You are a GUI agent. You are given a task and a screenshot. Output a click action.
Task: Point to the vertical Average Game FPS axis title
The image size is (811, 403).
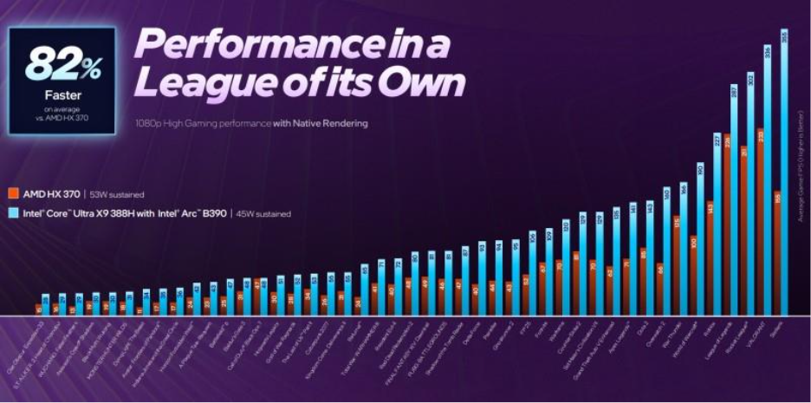[x=800, y=156]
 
